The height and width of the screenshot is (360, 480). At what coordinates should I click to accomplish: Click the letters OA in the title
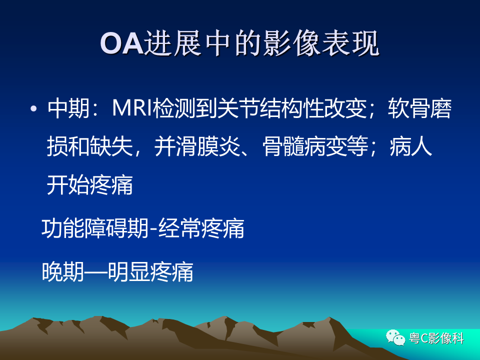[x=122, y=43]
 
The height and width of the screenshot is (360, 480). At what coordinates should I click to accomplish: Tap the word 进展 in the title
[x=172, y=43]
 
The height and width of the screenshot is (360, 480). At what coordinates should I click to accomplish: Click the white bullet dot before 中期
[x=33, y=108]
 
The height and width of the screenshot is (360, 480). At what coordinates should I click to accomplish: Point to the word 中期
[x=68, y=108]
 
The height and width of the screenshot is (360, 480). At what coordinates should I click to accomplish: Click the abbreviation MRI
[x=132, y=108]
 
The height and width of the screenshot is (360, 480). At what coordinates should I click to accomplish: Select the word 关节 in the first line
[x=237, y=108]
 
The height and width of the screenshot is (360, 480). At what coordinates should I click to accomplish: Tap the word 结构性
[x=291, y=108]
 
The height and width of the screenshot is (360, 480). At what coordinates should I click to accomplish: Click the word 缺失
[x=111, y=146]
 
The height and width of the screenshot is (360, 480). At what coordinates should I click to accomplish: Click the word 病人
[x=411, y=146]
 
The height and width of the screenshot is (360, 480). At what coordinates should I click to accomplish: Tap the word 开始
[x=68, y=184]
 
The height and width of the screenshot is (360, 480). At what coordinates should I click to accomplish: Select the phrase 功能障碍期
[x=95, y=228]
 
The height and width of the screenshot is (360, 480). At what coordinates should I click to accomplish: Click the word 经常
[x=180, y=228]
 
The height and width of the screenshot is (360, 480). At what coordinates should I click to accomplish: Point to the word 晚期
[x=63, y=271]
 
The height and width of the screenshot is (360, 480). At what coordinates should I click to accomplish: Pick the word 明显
[x=129, y=271]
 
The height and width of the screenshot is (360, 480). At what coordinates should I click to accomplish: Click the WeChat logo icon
[x=395, y=337]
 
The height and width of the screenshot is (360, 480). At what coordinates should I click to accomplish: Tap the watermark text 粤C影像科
[x=436, y=338]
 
